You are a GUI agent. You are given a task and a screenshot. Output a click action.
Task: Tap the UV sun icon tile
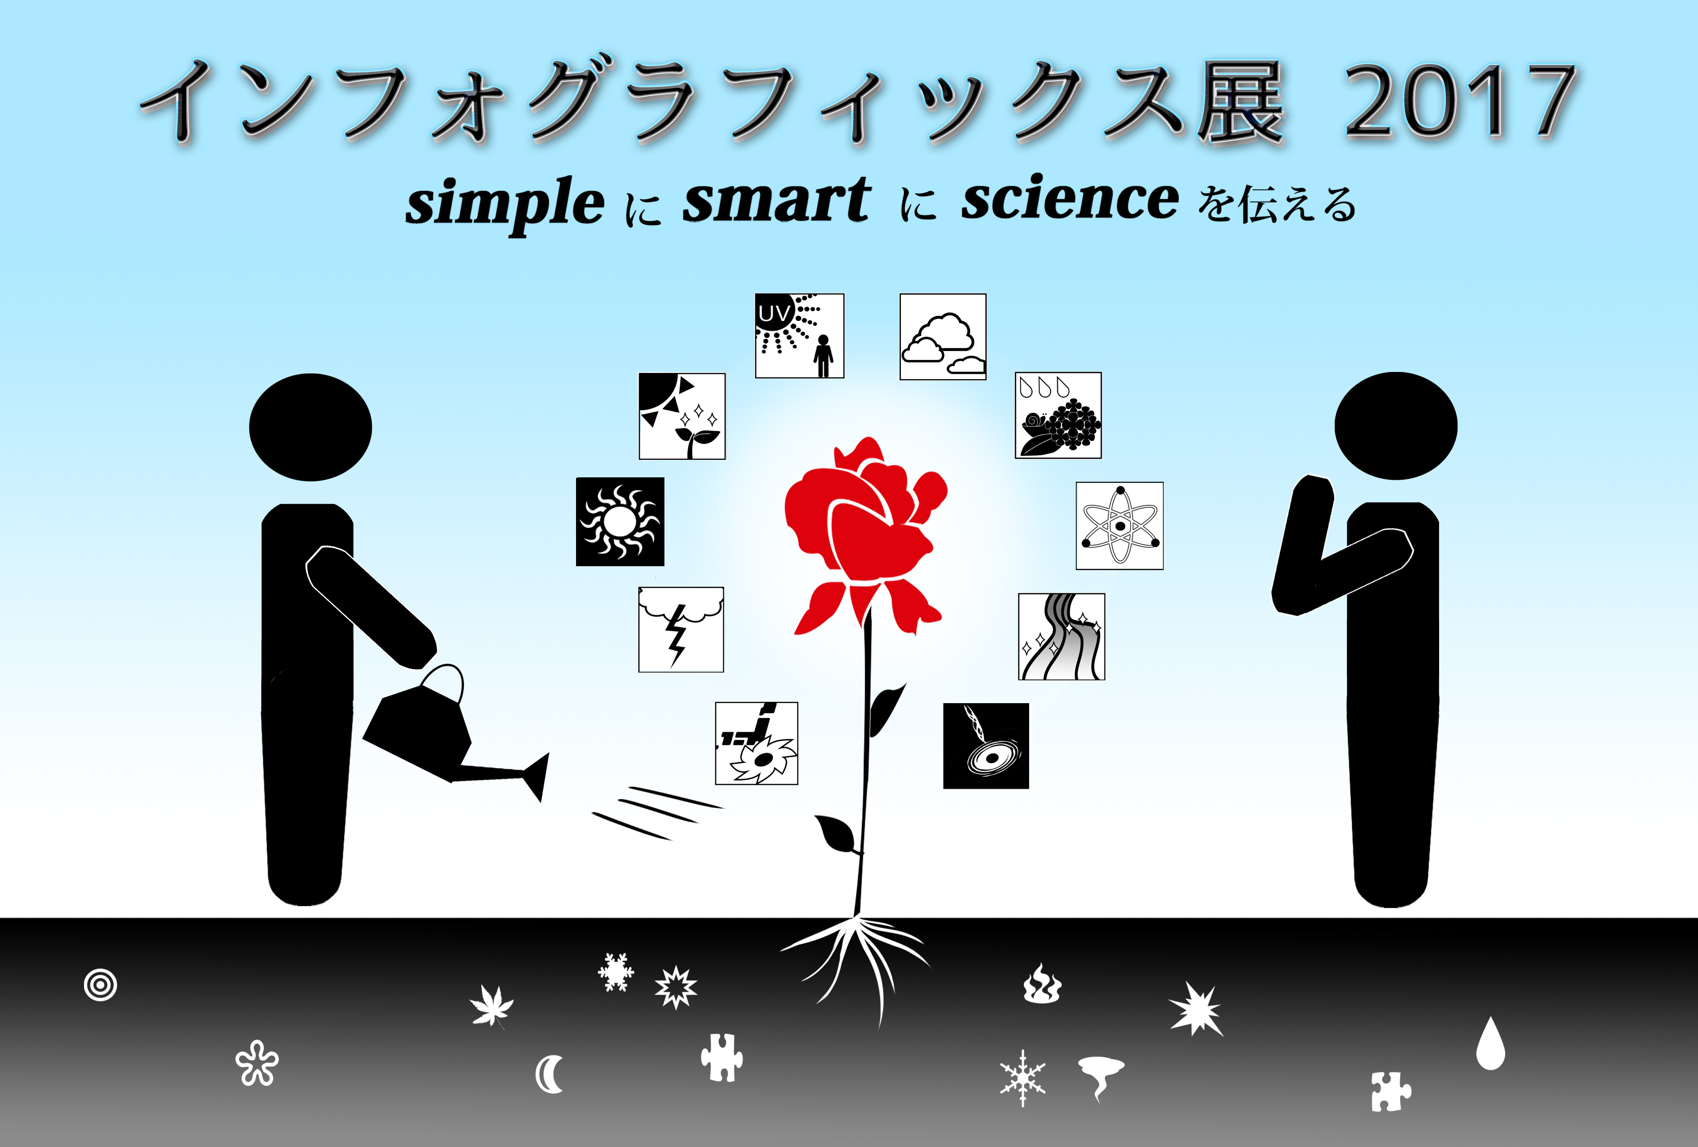[799, 336]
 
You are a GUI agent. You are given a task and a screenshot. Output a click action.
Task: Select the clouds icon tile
[943, 337]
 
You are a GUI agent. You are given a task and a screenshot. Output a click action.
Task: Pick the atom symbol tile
[1120, 525]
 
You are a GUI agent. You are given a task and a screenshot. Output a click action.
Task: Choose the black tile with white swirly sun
[620, 522]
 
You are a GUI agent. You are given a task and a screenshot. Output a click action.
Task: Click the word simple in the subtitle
[505, 204]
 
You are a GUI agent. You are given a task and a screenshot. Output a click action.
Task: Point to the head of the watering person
[310, 427]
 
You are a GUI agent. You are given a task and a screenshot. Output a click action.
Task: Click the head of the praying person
[1395, 426]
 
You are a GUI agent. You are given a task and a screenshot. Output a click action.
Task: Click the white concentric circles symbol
[100, 985]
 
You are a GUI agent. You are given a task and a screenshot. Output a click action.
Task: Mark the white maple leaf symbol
[492, 1005]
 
